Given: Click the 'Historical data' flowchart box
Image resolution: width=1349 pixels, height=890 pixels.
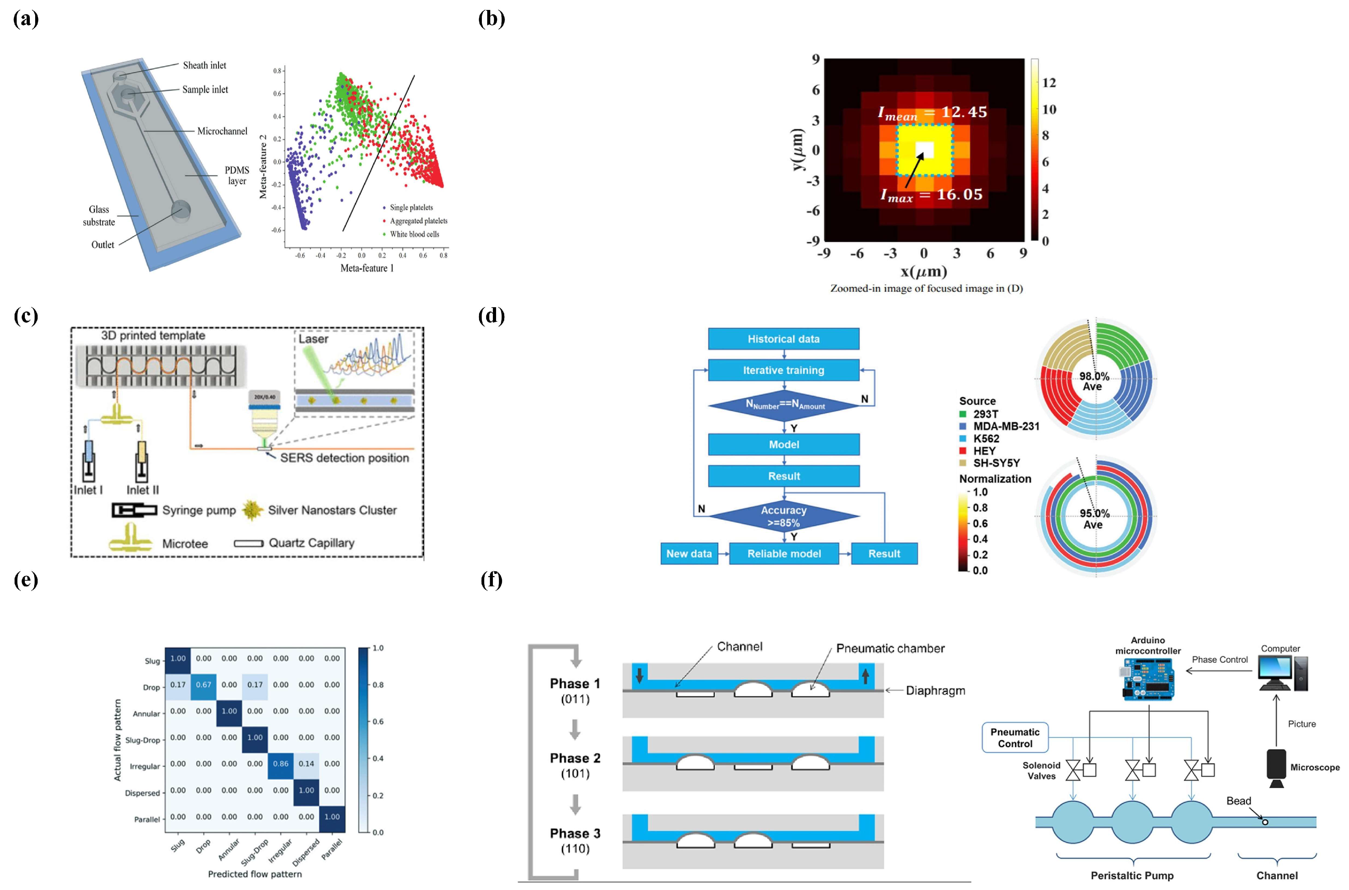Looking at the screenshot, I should [x=783, y=339].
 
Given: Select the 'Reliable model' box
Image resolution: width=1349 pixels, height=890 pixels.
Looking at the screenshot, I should [x=784, y=553].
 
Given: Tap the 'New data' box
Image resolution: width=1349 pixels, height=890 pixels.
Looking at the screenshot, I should [x=689, y=553].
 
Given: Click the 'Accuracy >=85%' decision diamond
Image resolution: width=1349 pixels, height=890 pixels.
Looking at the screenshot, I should [x=784, y=516].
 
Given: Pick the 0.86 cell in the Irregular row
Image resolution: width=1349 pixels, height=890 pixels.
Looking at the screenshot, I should [x=281, y=764].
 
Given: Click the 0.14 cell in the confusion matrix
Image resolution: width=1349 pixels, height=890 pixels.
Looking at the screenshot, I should [x=306, y=764].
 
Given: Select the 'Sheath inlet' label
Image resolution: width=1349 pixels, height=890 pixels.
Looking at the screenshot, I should [x=204, y=65].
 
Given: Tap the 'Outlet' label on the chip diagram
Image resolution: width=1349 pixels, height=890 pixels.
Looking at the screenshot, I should [x=103, y=245].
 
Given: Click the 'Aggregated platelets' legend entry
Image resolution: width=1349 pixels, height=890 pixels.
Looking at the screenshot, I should [x=418, y=221].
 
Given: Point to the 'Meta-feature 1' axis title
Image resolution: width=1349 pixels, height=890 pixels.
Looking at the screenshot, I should [x=366, y=268].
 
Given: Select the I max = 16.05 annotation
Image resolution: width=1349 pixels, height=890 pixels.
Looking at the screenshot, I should [x=931, y=195].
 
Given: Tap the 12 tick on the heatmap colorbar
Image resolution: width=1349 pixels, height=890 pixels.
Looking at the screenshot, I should [x=1049, y=83].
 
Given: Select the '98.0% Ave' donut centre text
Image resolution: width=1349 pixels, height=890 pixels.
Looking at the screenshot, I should [x=1094, y=381].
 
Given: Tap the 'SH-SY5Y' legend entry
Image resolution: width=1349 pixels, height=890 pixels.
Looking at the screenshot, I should [x=996, y=463].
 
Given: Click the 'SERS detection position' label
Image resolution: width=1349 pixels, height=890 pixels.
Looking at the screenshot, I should [x=344, y=458].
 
